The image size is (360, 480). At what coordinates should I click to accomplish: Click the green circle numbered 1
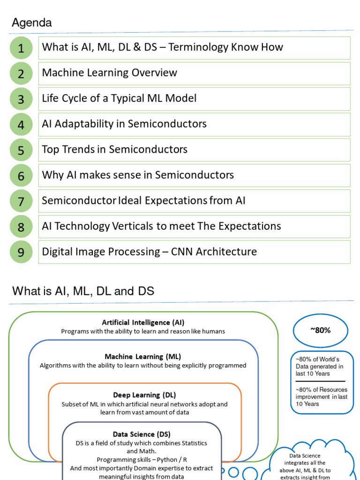point(21,48)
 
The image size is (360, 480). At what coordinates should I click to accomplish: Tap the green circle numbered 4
point(21,125)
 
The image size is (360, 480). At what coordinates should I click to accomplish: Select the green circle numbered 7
point(21,202)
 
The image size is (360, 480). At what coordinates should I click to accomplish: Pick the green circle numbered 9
point(21,253)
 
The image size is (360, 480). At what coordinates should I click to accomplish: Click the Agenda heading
point(31,22)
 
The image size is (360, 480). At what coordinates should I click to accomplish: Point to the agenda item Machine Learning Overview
point(109,73)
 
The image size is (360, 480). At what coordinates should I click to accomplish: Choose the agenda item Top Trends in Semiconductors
point(114,150)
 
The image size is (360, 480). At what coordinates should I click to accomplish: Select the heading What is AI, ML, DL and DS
point(83,291)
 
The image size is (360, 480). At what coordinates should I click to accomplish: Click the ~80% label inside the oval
point(320,330)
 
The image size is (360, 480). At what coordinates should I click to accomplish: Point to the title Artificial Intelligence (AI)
point(143,322)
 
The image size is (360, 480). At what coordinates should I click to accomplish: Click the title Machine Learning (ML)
point(140,357)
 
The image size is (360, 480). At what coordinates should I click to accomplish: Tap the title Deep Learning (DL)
point(144,395)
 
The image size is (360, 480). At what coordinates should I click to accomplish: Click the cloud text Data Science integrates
point(305,459)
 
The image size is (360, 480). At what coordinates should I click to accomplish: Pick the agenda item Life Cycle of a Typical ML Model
point(119,98)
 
